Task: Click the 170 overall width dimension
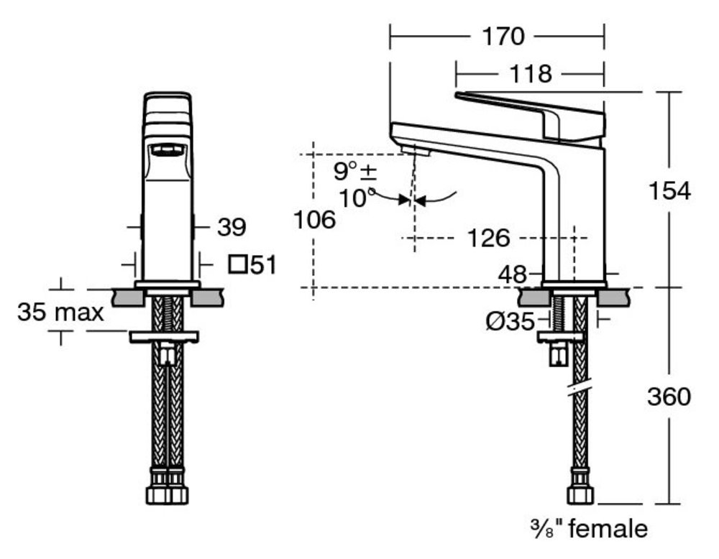click(503, 37)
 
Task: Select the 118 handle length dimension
click(531, 74)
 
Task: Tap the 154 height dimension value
click(669, 190)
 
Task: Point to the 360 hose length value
click(669, 397)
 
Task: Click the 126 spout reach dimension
click(488, 239)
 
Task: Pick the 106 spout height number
click(314, 220)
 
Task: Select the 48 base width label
click(513, 275)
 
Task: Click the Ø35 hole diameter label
click(510, 321)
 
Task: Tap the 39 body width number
click(232, 227)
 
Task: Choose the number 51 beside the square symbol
click(263, 265)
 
